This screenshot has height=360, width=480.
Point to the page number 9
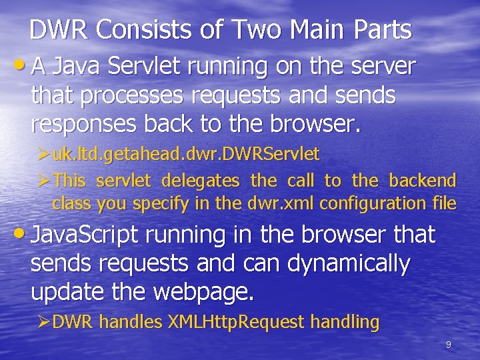tap(448, 345)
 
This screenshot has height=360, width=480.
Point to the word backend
tap(423, 180)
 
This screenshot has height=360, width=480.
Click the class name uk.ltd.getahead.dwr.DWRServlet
tap(186, 155)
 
